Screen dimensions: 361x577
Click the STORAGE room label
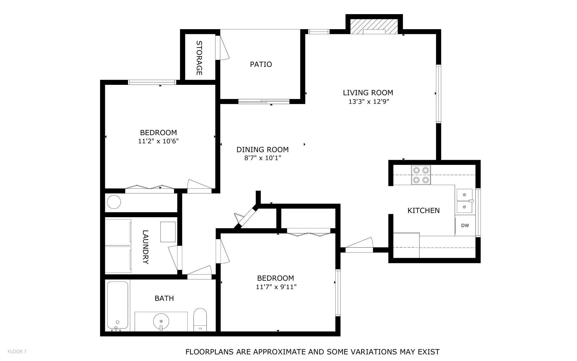coord(199,58)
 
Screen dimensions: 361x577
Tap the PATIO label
coord(261,64)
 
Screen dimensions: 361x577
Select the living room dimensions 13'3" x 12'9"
coord(368,102)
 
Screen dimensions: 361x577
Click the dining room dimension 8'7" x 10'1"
coord(262,158)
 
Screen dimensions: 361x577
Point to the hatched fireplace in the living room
coord(374,26)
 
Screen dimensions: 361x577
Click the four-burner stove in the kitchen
coord(421,175)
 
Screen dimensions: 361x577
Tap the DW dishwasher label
coord(465,225)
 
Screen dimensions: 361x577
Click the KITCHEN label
coord(423,211)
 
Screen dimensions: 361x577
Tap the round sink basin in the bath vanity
coord(161,321)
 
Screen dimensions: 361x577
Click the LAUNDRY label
coord(145,247)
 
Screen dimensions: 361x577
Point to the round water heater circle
coord(114,202)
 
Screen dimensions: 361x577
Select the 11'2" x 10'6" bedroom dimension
coord(158,141)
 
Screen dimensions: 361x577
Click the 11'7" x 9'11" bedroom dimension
coord(276,287)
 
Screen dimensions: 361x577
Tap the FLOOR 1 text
coord(17,351)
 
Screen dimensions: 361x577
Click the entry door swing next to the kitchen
coord(359,245)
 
